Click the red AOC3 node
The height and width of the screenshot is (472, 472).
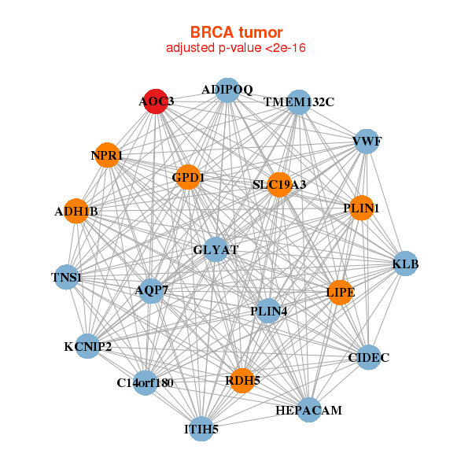click(156, 101)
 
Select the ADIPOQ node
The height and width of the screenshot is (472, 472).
click(227, 90)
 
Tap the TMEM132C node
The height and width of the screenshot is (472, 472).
click(299, 102)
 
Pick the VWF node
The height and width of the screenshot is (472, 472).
click(367, 142)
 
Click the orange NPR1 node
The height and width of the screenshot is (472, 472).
click(107, 155)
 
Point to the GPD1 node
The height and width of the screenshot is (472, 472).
click(188, 177)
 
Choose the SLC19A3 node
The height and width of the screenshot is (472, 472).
click(279, 185)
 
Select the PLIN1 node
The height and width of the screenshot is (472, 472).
click(361, 208)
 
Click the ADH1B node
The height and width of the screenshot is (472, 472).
click(76, 211)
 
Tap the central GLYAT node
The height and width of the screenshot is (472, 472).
click(216, 249)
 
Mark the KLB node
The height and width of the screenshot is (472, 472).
click(405, 264)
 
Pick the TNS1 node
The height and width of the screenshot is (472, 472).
click(67, 277)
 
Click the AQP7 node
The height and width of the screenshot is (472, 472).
click(151, 290)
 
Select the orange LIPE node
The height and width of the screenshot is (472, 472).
click(340, 293)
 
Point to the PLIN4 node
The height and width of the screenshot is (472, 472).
click(268, 311)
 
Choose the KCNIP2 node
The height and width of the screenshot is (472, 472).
click(87, 346)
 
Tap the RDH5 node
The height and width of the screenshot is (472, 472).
click(242, 381)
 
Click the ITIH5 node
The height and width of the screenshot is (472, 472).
click(201, 429)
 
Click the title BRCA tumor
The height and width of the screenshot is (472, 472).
click(236, 32)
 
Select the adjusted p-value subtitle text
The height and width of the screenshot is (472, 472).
click(236, 48)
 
